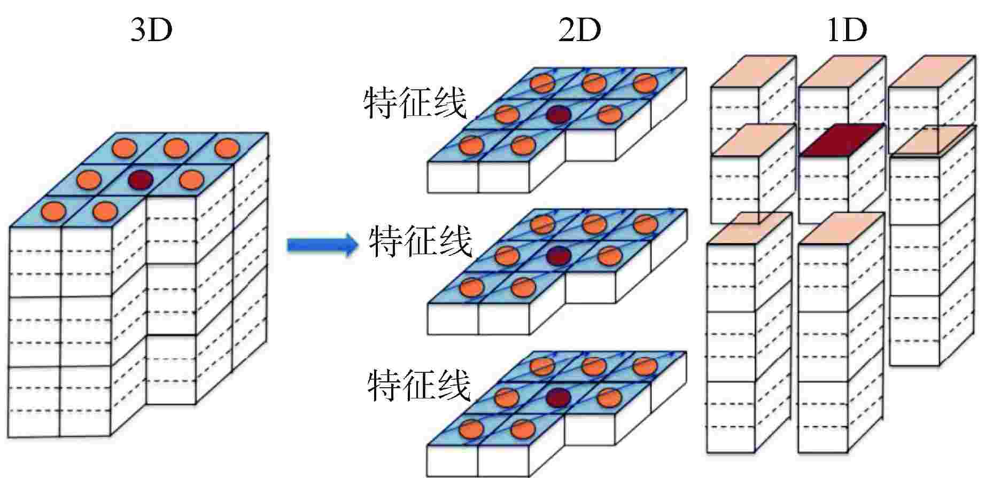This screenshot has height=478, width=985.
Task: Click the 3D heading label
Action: [151, 30]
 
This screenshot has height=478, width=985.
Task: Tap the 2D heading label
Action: [579, 30]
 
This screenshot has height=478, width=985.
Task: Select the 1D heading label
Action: [847, 30]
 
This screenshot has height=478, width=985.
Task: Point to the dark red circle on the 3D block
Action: [141, 179]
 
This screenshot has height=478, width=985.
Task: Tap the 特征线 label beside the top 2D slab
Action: [415, 103]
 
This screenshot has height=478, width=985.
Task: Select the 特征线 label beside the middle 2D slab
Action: [421, 242]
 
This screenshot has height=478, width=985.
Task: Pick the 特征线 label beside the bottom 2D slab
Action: [418, 386]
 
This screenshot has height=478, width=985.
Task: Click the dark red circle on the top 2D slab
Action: [558, 114]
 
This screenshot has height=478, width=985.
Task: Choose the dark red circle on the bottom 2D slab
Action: [559, 397]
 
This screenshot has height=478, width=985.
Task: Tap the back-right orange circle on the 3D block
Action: [227, 148]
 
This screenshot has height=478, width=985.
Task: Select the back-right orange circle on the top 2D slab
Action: [645, 82]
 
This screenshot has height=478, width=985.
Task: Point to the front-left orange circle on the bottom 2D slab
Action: [471, 429]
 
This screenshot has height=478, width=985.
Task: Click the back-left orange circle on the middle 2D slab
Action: [543, 224]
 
